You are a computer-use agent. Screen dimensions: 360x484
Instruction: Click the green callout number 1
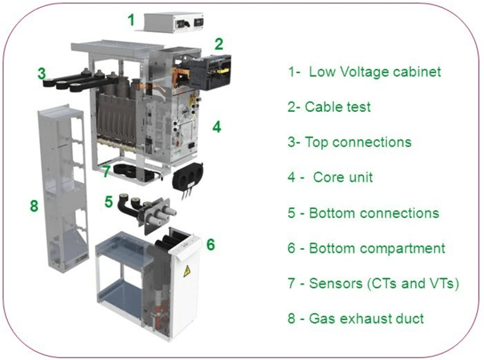pos(131,21)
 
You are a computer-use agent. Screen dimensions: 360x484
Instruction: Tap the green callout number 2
pos(218,45)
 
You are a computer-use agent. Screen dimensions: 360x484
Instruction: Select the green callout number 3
pos(42,74)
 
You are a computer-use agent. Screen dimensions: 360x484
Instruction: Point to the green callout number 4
pos(216,127)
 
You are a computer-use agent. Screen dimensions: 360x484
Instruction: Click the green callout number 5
pos(109,201)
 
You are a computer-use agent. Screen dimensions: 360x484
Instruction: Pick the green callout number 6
pos(211,245)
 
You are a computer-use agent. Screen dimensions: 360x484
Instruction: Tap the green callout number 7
pos(106,171)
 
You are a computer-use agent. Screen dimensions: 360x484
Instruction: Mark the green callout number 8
pos(34,206)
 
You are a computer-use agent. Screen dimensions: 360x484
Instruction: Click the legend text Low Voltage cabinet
pos(375,71)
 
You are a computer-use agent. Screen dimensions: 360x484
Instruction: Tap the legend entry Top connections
pos(358,142)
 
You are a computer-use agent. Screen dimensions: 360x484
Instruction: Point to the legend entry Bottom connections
pos(374,213)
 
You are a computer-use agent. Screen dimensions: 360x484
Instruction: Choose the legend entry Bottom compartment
pos(377,248)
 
